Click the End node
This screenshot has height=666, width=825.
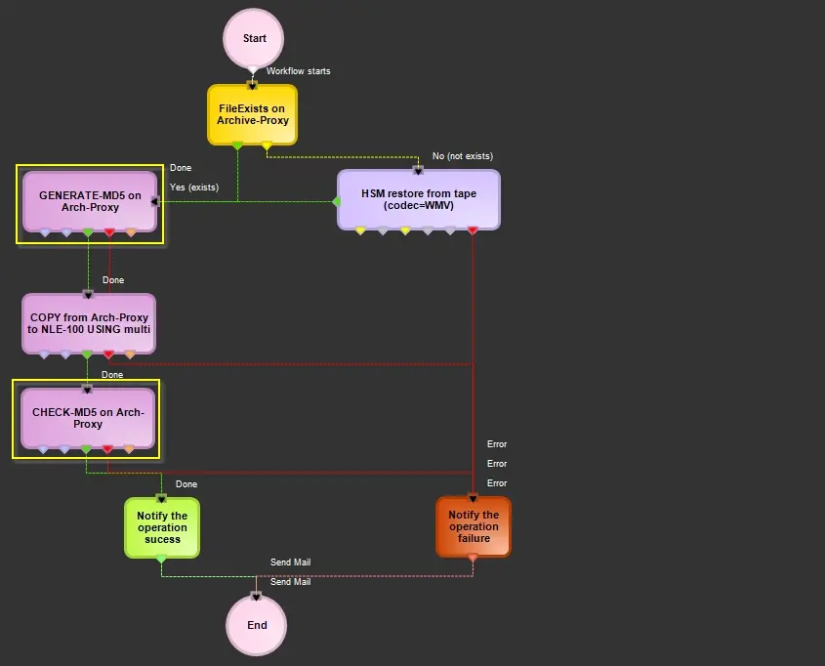click(256, 625)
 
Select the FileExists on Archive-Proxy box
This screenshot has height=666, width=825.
click(252, 114)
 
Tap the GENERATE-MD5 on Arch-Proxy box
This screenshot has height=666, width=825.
click(90, 200)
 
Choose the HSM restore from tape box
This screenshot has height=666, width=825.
click(418, 198)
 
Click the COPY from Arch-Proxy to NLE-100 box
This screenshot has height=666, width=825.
click(88, 323)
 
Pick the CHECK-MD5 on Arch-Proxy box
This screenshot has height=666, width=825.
click(88, 418)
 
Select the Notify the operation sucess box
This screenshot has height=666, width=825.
click(161, 527)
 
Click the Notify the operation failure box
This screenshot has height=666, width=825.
click(473, 526)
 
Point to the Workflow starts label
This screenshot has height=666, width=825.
click(298, 71)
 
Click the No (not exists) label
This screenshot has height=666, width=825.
click(462, 156)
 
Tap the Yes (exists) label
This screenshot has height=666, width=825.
click(193, 187)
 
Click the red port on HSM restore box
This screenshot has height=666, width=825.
click(473, 231)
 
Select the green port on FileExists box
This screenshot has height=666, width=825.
click(237, 146)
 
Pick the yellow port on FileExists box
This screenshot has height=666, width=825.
click(267, 146)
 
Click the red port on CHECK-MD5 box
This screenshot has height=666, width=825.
click(108, 449)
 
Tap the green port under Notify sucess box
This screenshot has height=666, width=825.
click(161, 559)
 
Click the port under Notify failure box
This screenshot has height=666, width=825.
click(473, 558)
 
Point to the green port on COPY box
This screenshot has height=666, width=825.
click(87, 354)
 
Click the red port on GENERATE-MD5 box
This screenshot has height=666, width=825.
click(109, 232)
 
